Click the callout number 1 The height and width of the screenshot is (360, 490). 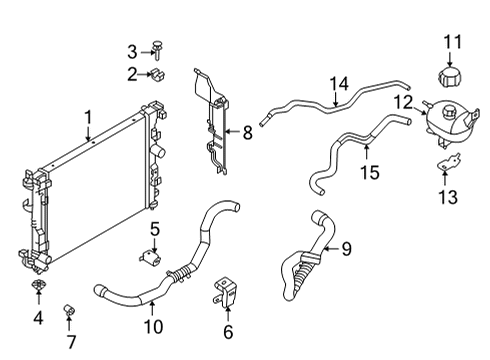click(x=89, y=117)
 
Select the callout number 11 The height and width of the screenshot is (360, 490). click(x=453, y=42)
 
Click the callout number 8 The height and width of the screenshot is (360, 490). click(x=247, y=131)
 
